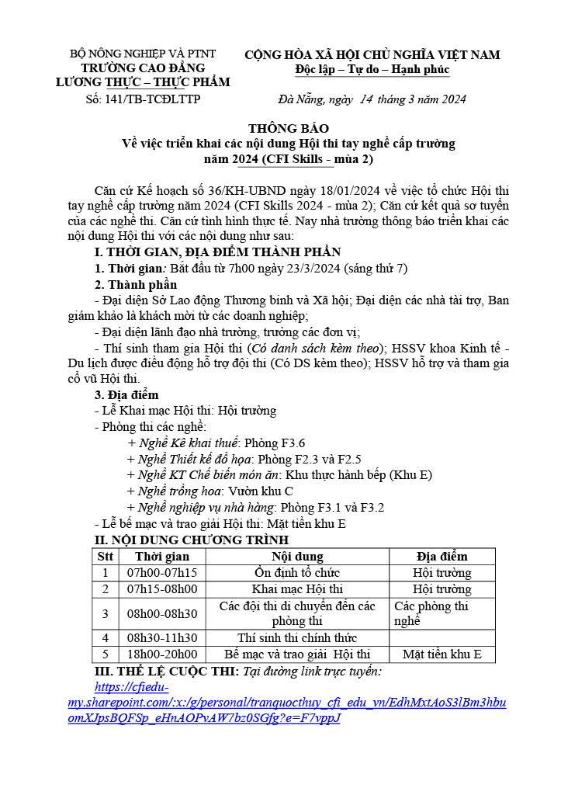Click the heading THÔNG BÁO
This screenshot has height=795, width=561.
(x=289, y=128)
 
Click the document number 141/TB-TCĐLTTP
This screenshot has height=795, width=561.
(x=144, y=99)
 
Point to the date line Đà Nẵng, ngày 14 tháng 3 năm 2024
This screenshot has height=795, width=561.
(x=372, y=99)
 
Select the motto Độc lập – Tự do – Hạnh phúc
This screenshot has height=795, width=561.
(x=372, y=70)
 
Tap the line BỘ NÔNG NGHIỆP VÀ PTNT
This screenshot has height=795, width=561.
(x=143, y=54)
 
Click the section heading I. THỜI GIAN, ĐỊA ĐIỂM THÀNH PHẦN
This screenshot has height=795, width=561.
(x=217, y=252)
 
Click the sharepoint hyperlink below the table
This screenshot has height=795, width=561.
(x=287, y=703)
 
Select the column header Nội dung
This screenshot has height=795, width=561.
(x=297, y=556)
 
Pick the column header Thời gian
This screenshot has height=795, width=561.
(x=162, y=556)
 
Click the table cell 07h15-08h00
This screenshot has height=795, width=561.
(x=162, y=588)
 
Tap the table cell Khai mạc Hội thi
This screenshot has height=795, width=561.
(x=297, y=588)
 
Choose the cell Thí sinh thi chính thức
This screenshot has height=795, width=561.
(x=297, y=638)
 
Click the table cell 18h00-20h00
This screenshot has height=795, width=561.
(x=162, y=654)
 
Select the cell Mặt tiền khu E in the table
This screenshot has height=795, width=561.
(x=442, y=654)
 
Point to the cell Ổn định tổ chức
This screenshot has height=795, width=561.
(x=297, y=572)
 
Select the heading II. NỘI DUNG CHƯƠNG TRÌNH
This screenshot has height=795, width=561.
(x=192, y=540)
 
